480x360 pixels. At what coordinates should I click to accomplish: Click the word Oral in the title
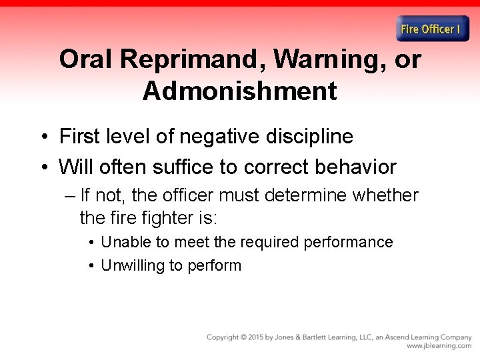pyautogui.click(x=87, y=59)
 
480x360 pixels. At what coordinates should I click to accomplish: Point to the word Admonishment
pyautogui.click(x=239, y=91)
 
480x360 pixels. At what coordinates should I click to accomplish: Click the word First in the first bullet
pyautogui.click(x=79, y=136)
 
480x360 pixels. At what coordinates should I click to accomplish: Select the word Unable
pyautogui.click(x=122, y=242)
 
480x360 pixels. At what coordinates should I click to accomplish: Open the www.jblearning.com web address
pyautogui.click(x=439, y=346)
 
